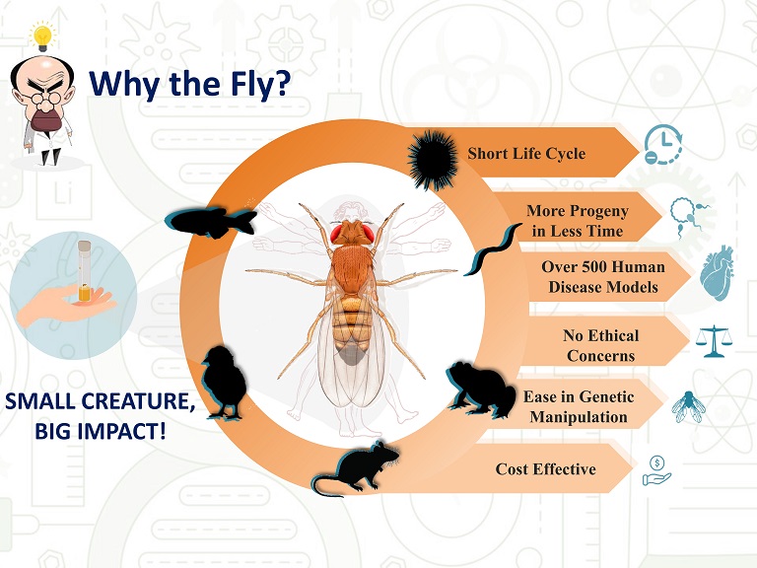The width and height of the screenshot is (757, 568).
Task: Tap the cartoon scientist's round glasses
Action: [44, 98]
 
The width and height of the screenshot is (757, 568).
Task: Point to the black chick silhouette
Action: [224, 382]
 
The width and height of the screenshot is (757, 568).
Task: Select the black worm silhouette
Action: [493, 249]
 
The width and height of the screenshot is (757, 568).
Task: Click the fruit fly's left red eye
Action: [336, 234]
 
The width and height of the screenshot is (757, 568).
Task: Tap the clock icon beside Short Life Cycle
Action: [662, 145]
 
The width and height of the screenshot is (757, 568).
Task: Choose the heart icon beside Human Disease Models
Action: [718, 273]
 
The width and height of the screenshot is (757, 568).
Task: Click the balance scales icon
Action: [714, 341]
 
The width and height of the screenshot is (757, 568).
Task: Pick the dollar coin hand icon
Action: [656, 470]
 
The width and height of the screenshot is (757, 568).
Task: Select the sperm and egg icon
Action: [689, 217]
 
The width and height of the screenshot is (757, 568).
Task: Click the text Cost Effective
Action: [545, 469]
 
